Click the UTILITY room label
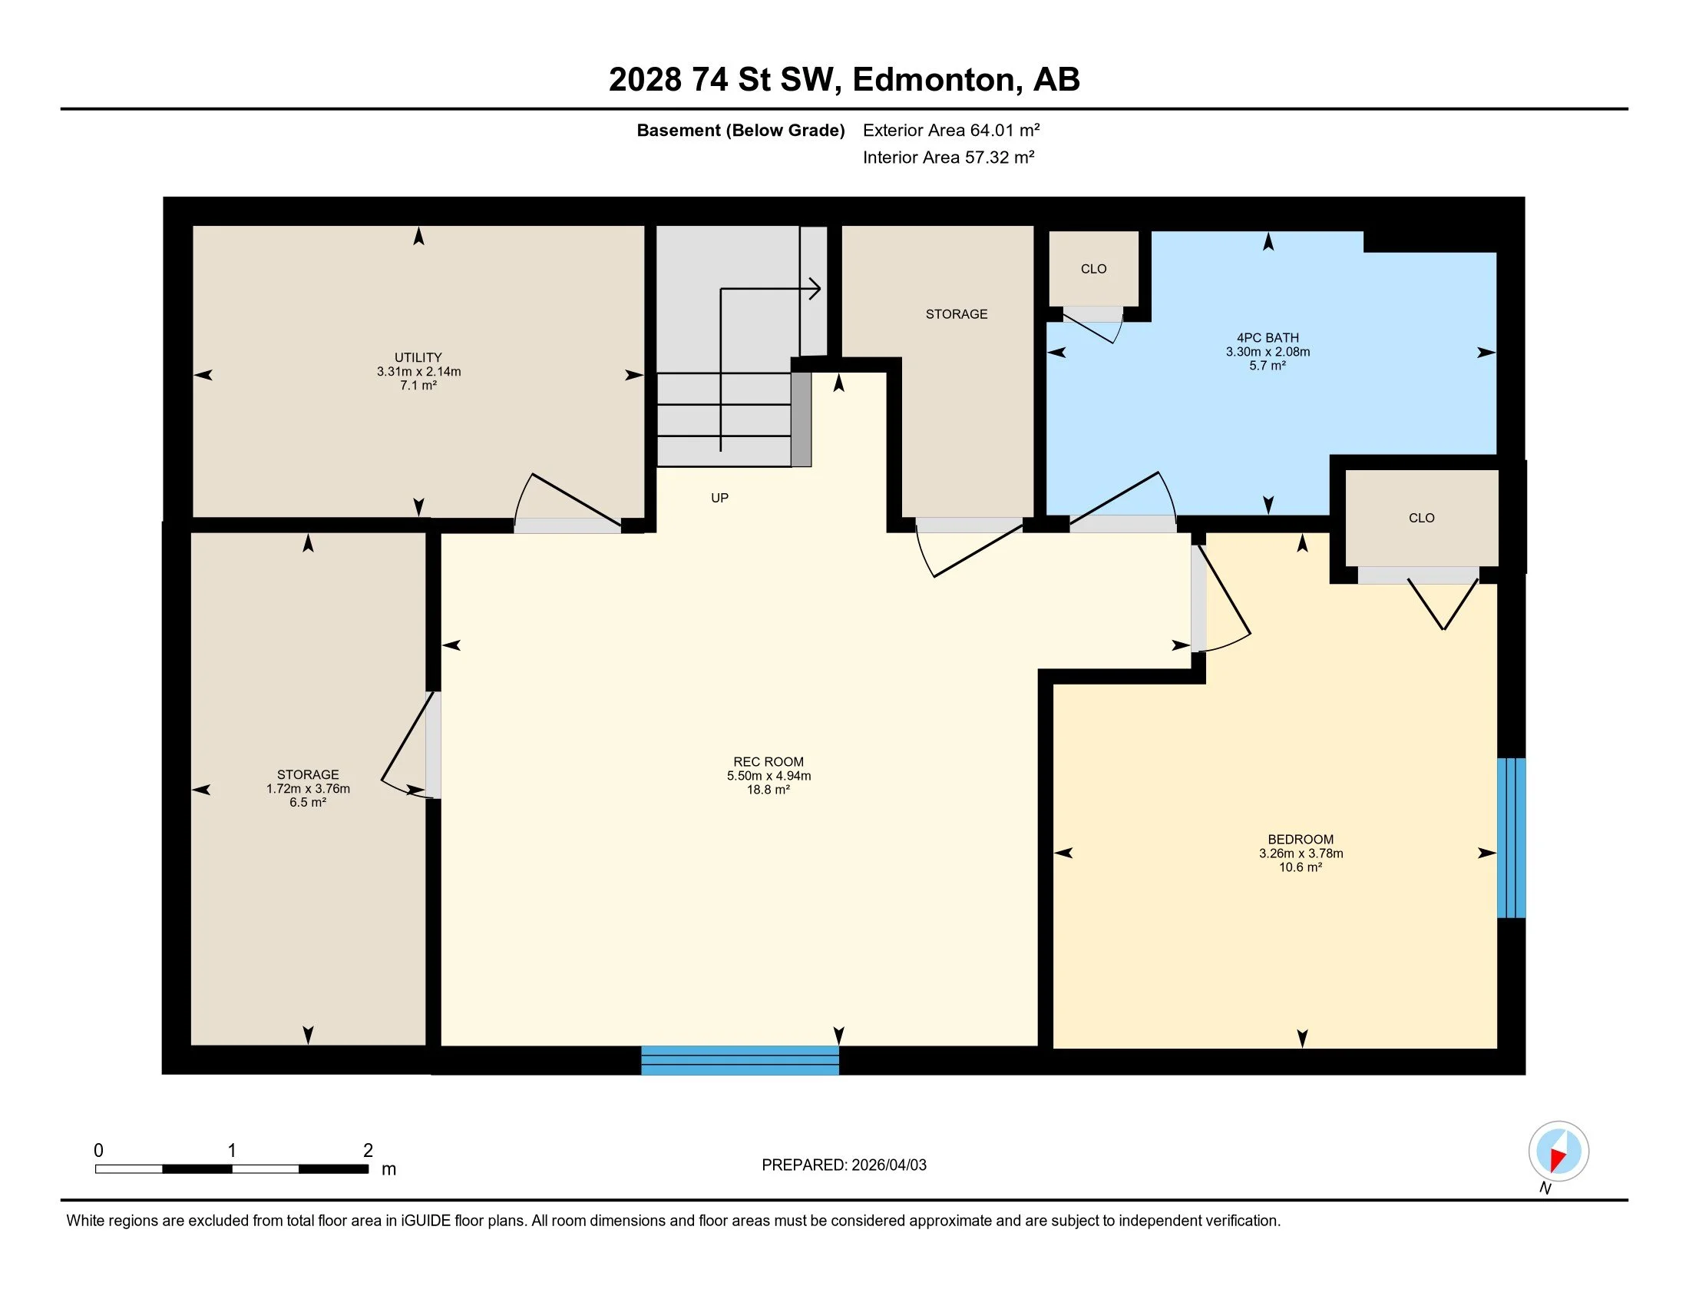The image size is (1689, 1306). pos(418,357)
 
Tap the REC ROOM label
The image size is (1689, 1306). pos(768,762)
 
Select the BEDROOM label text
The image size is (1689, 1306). pos(1301,840)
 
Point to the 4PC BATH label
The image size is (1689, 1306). pos(1268,338)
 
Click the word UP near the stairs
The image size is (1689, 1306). pos(720,499)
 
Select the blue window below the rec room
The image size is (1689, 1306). pos(740,1060)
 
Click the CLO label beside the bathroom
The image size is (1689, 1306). pos(1093,269)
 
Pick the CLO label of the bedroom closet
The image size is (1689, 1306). pos(1421,519)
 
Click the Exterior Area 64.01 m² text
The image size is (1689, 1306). pos(951,130)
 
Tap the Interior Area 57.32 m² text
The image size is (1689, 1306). pos(949,157)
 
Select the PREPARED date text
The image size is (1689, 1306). pos(844,1165)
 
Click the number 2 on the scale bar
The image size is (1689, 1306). pos(368,1151)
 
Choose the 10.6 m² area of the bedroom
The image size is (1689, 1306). pos(1301,867)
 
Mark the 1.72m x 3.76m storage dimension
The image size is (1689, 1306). pos(308,789)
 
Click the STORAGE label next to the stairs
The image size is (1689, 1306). pos(957,314)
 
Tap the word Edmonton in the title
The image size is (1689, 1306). pos(934,80)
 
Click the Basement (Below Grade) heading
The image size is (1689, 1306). pos(740,130)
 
